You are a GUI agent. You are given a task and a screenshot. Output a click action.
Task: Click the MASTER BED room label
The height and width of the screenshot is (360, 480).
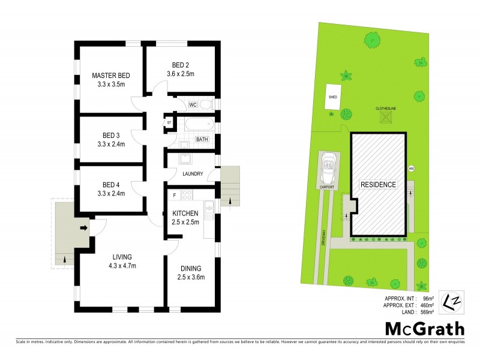(x=110, y=76)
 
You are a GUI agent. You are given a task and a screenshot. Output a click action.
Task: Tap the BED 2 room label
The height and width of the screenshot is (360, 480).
(x=181, y=65)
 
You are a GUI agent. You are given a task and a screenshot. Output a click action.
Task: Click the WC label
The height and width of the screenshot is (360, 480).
(x=193, y=105)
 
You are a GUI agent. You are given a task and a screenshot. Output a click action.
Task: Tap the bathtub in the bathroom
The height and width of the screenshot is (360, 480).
(x=199, y=125)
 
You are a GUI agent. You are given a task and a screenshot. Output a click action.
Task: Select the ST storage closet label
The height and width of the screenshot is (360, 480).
(x=169, y=123)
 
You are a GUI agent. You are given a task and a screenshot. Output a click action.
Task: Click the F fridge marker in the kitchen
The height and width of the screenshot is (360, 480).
(x=174, y=195)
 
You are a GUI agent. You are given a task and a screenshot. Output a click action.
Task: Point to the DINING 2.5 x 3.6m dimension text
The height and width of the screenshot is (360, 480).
(x=189, y=277)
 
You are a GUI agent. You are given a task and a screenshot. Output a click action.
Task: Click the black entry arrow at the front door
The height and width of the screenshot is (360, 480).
(x=84, y=227)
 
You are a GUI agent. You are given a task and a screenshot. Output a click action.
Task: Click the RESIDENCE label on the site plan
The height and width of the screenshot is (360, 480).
(x=377, y=185)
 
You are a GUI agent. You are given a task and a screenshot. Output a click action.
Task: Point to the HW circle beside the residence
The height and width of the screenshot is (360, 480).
(x=412, y=168)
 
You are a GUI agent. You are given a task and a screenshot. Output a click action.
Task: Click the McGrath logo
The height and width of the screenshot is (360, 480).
(x=424, y=328)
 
